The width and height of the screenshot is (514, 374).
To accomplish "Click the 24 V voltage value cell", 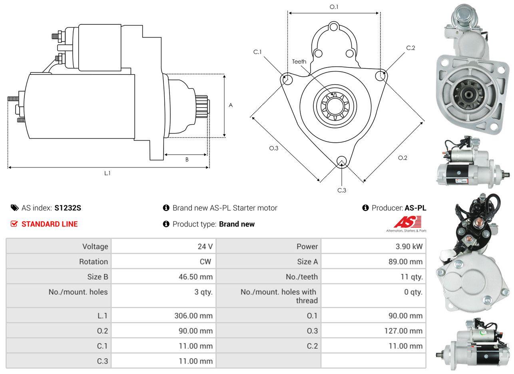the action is pos(205,247).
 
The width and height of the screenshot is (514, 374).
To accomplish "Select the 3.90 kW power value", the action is pos(409,247).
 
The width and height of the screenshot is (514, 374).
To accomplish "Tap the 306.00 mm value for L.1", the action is pos(193,316).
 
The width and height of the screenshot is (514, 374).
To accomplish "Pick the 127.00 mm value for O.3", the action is pos(403,331).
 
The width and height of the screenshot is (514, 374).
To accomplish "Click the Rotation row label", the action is pos(94,262).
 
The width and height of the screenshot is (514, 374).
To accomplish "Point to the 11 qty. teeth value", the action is pos(412,277).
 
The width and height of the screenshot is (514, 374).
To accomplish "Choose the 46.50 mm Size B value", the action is pos(196,277).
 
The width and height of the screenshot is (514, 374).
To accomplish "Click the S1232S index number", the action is pos(68,208).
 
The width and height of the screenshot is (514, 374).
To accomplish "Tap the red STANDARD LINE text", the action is pos(50,224).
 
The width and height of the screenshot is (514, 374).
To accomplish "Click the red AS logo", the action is pos(408,222).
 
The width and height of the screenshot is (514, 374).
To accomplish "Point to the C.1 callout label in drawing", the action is pos(257,52).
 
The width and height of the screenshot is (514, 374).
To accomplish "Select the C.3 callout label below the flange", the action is pos(342,190).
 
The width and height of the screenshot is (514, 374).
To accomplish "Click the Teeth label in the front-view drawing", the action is pos(299,62).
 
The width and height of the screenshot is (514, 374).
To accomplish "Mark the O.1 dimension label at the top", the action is pos(334,7).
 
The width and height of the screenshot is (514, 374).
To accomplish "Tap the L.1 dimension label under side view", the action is pos(108,173).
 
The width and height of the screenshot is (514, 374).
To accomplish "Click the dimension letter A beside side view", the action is pos(231,105).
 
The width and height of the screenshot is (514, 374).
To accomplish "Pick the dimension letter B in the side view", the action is pos(187,159).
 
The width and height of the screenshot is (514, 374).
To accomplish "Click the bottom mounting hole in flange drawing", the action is pos(342,161).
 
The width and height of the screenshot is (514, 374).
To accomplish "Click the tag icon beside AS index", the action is pos(15,208).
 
